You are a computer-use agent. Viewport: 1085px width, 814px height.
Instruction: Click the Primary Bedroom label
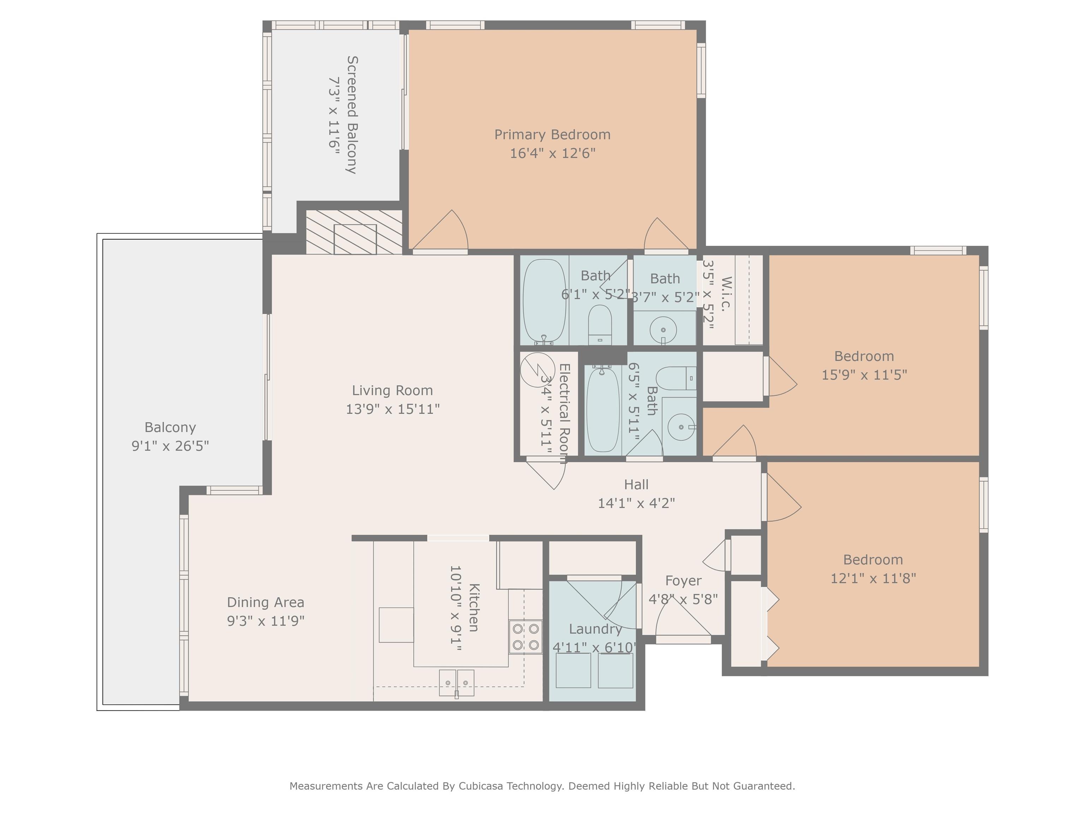click(x=552, y=135)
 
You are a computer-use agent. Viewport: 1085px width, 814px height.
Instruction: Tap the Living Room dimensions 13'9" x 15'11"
click(x=392, y=409)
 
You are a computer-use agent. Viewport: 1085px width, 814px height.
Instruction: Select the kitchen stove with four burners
click(x=525, y=636)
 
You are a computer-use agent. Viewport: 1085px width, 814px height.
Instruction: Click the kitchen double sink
click(x=456, y=683)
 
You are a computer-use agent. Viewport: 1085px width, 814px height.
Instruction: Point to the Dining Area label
click(x=265, y=602)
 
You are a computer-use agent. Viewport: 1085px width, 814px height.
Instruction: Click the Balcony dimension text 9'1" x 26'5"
click(x=170, y=446)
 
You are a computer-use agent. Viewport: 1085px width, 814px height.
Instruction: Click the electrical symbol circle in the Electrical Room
click(x=538, y=370)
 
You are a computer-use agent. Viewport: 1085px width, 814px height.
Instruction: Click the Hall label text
click(x=636, y=484)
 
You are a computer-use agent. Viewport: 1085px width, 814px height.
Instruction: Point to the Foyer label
click(x=683, y=580)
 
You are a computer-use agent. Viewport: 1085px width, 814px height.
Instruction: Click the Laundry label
click(x=595, y=629)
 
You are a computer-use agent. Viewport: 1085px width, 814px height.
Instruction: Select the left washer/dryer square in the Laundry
click(x=573, y=670)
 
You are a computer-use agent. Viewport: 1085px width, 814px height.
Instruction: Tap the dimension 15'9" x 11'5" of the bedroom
click(x=864, y=374)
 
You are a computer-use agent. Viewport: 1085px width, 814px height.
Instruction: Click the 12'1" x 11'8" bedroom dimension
click(x=873, y=578)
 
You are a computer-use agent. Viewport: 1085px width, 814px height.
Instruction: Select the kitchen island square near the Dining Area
click(x=396, y=625)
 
